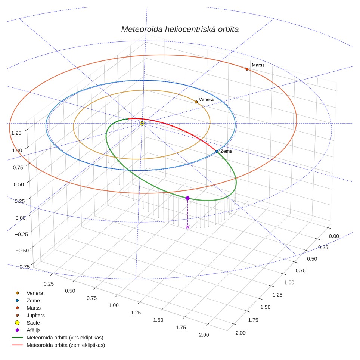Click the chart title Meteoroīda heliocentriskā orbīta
(180, 29)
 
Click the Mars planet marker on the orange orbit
(247, 69)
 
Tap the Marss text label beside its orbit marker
(258, 65)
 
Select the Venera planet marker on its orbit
(196, 102)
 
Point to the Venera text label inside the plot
(206, 99)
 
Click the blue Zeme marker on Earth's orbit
(217, 151)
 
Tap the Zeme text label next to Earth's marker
(226, 151)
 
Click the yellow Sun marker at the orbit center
(142, 124)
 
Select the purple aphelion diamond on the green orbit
(187, 198)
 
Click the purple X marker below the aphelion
(187, 227)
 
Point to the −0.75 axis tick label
(23, 267)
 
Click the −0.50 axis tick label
(22, 251)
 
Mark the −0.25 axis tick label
(21, 234)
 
